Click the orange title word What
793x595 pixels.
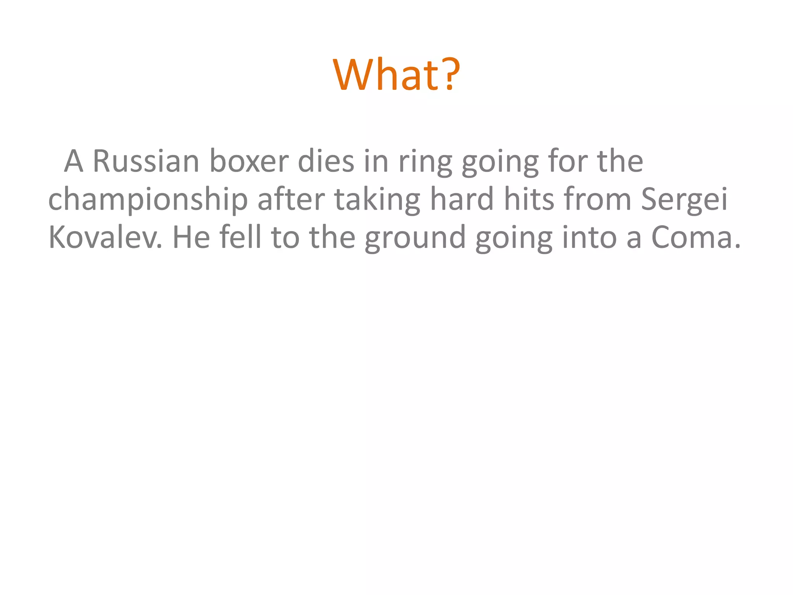point(386,74)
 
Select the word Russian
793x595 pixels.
point(146,161)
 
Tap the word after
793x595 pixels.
point(291,199)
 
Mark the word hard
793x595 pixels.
point(462,199)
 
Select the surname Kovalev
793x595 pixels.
point(105,237)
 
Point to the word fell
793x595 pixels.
point(240,237)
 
